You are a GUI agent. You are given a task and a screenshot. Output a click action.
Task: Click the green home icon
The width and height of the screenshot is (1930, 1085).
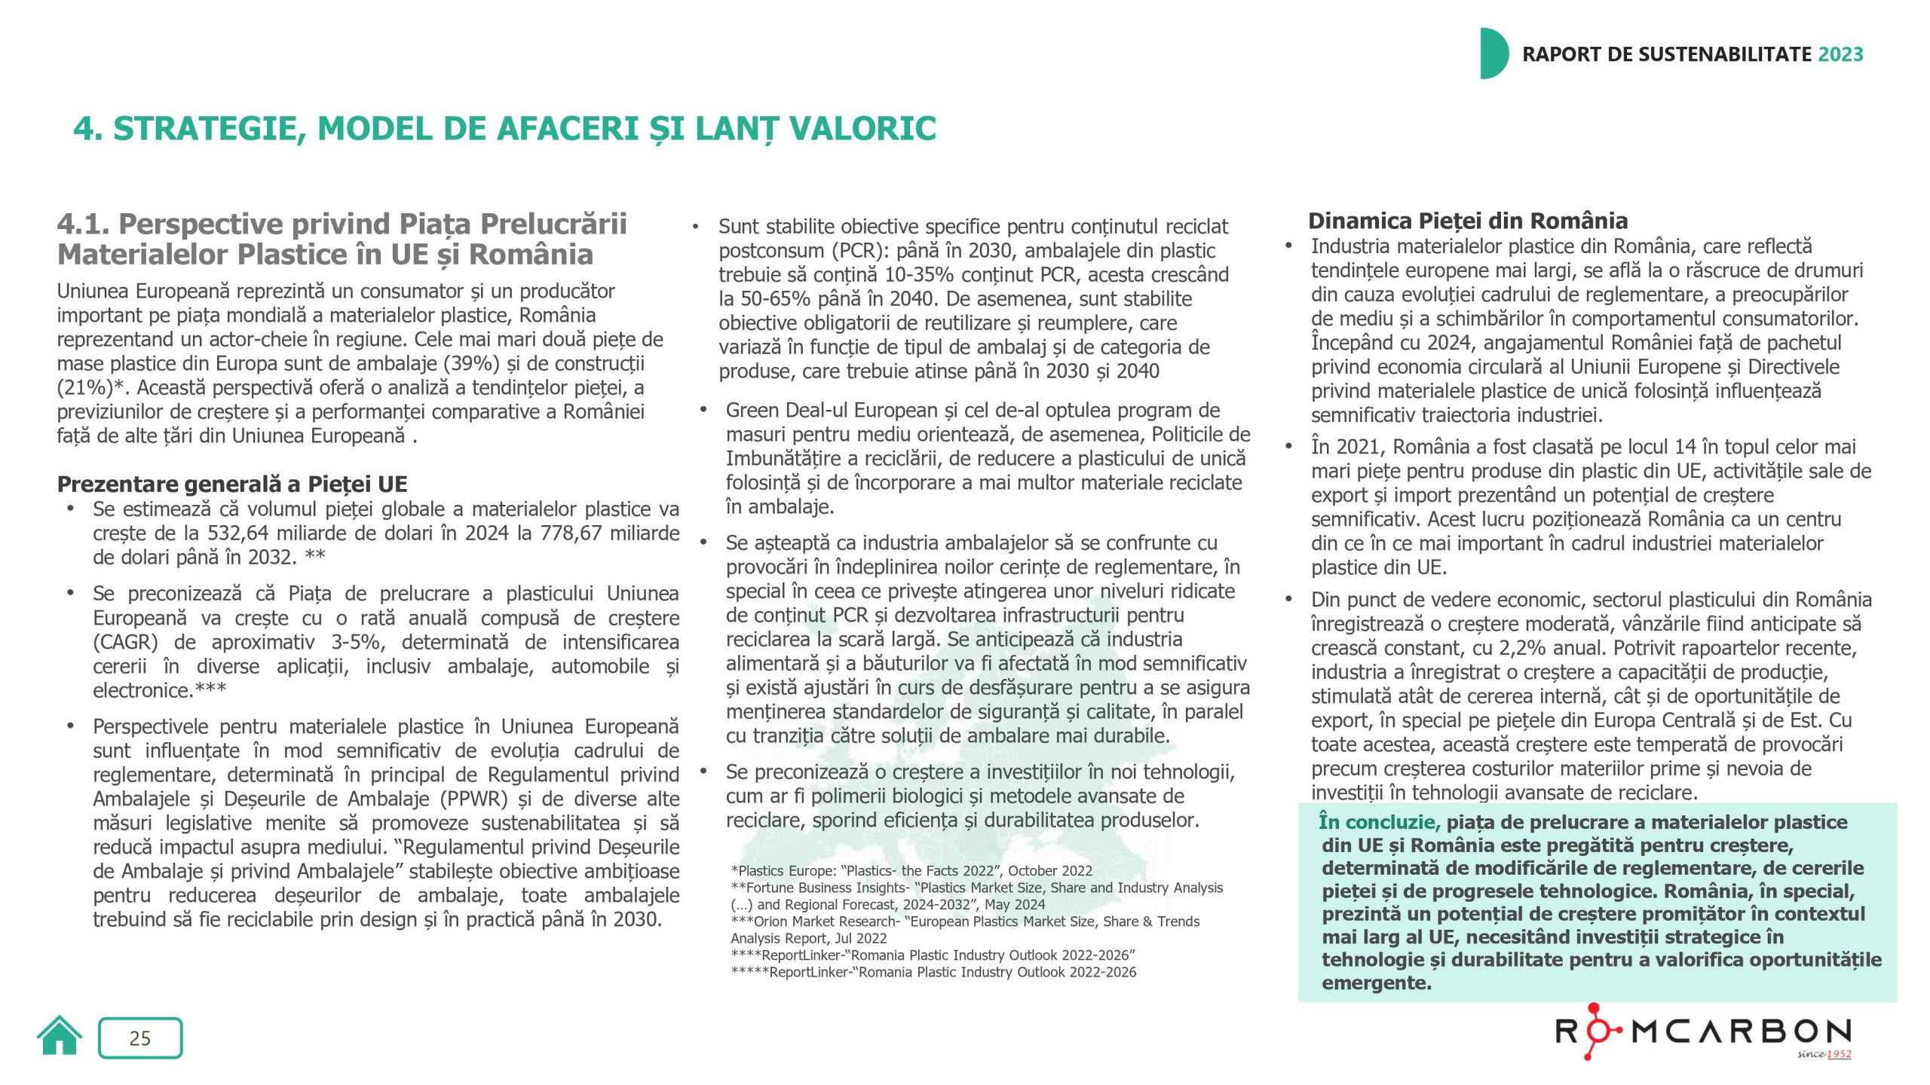point(60,1036)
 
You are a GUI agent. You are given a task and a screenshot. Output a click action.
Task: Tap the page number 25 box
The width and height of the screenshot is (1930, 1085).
point(140,1038)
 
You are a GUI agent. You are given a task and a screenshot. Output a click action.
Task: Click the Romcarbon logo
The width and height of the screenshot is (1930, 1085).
point(1703,1032)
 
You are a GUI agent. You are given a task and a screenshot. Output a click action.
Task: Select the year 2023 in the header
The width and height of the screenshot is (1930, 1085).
point(1840,54)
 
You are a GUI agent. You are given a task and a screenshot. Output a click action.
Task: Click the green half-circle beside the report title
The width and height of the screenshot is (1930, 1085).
point(1493,53)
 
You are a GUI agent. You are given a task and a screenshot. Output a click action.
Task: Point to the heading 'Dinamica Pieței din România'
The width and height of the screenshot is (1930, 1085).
point(1468,221)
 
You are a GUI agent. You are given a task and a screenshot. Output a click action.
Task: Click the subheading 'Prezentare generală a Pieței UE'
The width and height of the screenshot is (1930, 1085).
point(232,484)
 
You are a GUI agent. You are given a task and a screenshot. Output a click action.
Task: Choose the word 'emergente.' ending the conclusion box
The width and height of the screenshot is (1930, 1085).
point(1376,983)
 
